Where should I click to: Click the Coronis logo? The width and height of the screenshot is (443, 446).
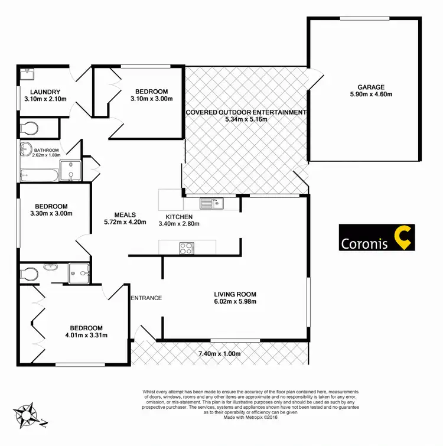(377, 237)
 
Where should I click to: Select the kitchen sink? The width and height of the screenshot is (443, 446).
(210, 204)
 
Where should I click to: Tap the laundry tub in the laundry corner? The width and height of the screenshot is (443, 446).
(25, 74)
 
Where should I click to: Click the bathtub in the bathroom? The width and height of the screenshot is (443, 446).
(38, 175)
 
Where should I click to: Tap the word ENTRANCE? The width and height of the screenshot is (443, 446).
(146, 298)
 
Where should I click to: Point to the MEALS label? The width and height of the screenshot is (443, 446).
(125, 215)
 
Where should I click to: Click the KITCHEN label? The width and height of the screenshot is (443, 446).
(179, 216)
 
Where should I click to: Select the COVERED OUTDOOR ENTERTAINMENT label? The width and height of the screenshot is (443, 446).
(246, 112)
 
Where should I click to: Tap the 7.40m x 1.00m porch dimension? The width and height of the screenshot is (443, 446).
(221, 354)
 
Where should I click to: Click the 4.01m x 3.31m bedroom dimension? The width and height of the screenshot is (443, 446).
(86, 336)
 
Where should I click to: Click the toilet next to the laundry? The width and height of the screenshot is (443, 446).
(27, 127)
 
